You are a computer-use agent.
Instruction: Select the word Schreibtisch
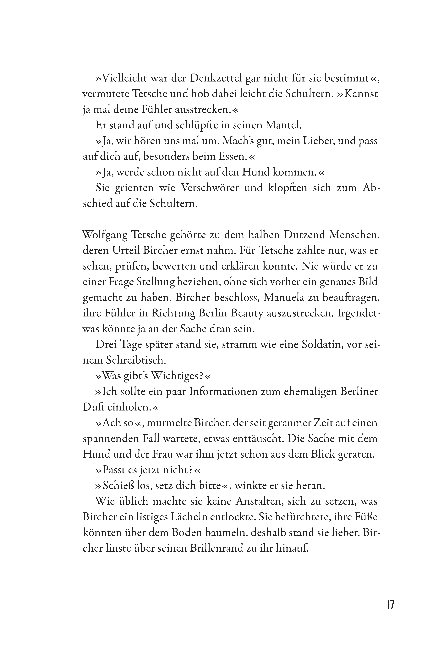coord(136,360)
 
